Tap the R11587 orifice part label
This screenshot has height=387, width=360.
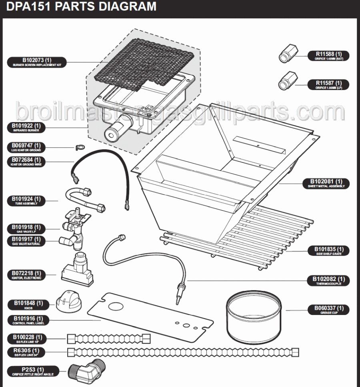coord(328,85)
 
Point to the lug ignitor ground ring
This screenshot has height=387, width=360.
coord(79,147)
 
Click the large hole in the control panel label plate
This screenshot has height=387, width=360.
coord(116,307)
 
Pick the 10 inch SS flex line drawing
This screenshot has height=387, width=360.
coord(109,338)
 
